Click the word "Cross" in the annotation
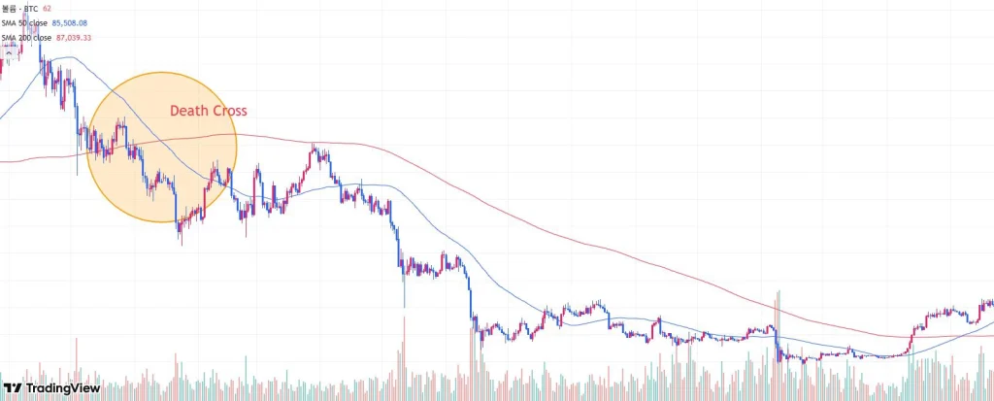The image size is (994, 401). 227,111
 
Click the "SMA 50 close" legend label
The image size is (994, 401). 24,22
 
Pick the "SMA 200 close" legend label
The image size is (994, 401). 26,37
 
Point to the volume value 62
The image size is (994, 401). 47,8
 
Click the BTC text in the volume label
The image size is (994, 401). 31,8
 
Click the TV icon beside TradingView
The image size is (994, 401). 14,387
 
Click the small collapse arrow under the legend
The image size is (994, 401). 8,51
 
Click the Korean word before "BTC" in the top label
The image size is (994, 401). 9,8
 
